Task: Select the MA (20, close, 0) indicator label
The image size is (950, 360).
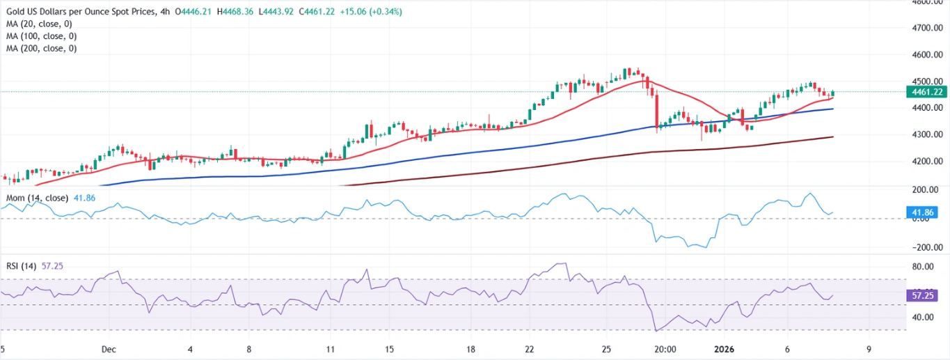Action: pyautogui.click(x=39, y=24)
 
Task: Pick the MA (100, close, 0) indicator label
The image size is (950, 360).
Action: pyautogui.click(x=41, y=36)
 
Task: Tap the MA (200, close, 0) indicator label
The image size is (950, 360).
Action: pyautogui.click(x=41, y=48)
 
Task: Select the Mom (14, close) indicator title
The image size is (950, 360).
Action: pyautogui.click(x=36, y=198)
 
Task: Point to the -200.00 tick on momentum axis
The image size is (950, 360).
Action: pyautogui.click(x=926, y=247)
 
